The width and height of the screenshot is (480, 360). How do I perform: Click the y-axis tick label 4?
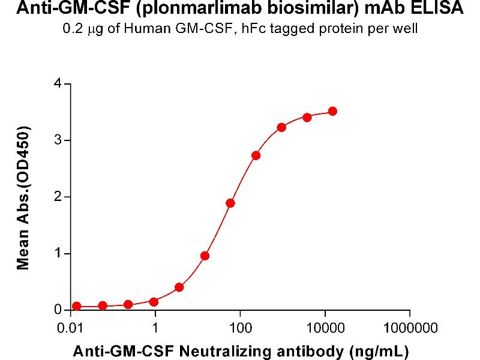58,84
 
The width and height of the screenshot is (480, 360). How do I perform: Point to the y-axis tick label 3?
58,140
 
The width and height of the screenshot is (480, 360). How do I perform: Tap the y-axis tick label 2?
58,197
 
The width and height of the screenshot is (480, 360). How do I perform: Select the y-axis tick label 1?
58,254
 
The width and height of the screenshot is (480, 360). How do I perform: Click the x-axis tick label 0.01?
71,328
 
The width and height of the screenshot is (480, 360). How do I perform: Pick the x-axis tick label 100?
240,328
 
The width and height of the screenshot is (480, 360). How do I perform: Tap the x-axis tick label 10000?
325,328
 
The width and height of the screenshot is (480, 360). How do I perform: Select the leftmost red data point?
77,306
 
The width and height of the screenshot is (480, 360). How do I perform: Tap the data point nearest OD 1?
205,256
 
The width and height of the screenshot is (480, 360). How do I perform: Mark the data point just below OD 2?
230,203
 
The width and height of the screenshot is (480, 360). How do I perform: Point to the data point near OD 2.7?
256,155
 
